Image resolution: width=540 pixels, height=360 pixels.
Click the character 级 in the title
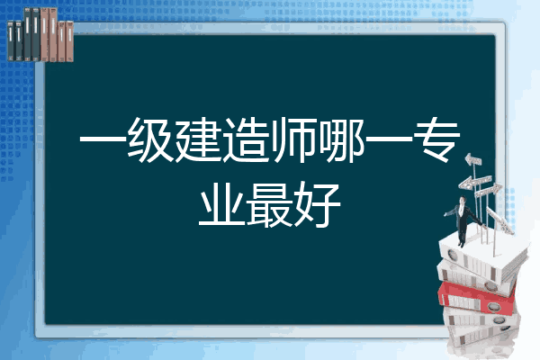[150, 140]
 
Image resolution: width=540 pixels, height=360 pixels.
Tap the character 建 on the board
[198, 140]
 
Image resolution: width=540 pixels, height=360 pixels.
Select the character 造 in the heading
[246, 140]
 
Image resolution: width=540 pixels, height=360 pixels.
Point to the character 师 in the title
[293, 140]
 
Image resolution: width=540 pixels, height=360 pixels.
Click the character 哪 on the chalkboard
[342, 140]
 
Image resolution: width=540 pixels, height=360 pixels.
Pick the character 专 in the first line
[437, 140]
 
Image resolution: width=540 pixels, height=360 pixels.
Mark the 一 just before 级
[103, 139]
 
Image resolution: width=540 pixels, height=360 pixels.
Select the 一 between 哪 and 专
[389, 139]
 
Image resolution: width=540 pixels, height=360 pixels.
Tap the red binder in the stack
[476, 297]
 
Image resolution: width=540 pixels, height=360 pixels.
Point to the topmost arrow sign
[473, 160]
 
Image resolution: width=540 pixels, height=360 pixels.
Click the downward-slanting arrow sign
[499, 219]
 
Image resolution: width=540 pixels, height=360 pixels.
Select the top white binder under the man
[482, 256]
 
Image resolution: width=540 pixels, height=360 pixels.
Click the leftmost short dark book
[11, 40]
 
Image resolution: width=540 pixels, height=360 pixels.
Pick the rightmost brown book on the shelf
[69, 41]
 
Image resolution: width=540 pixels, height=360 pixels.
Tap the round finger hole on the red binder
[493, 306]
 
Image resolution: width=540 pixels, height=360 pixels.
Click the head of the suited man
[463, 200]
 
